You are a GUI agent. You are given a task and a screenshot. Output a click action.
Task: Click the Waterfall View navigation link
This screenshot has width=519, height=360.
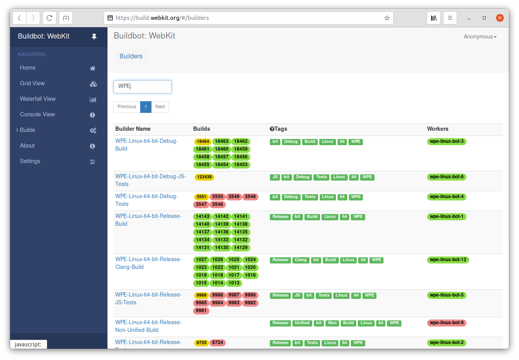[38, 99]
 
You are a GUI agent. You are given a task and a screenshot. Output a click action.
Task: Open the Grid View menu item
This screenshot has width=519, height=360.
[32, 83]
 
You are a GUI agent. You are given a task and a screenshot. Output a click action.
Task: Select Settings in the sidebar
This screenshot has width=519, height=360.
[30, 161]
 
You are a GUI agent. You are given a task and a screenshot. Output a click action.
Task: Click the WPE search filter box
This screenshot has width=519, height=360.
[142, 86]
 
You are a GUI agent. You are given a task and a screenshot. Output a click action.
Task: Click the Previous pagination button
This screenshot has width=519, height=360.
[127, 107]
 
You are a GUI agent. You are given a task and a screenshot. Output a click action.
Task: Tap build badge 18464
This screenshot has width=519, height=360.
[202, 142]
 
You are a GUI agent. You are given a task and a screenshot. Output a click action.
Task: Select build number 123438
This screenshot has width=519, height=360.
[204, 177]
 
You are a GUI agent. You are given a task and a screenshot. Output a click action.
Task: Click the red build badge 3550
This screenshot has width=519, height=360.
[218, 197]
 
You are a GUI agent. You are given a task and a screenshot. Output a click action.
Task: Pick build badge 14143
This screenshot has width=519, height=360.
[202, 217]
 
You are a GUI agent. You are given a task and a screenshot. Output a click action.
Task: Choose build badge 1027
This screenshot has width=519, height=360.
[201, 260]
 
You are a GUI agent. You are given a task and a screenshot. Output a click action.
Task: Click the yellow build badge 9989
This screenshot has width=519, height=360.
[201, 295]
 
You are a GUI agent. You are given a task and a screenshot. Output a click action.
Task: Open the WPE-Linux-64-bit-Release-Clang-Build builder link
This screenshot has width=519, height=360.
[148, 263]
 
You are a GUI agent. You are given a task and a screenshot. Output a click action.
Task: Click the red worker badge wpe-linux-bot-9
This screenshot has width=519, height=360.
[447, 323]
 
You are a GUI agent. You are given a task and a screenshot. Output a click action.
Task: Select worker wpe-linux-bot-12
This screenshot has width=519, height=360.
[448, 260]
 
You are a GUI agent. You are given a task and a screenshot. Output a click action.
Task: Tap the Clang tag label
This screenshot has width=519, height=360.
[301, 260]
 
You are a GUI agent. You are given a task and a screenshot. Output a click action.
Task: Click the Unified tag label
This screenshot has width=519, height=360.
[302, 323]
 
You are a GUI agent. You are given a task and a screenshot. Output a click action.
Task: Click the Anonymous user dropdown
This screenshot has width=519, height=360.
[480, 37]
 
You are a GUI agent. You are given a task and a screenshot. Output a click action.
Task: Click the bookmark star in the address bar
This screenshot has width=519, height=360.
[387, 18]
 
